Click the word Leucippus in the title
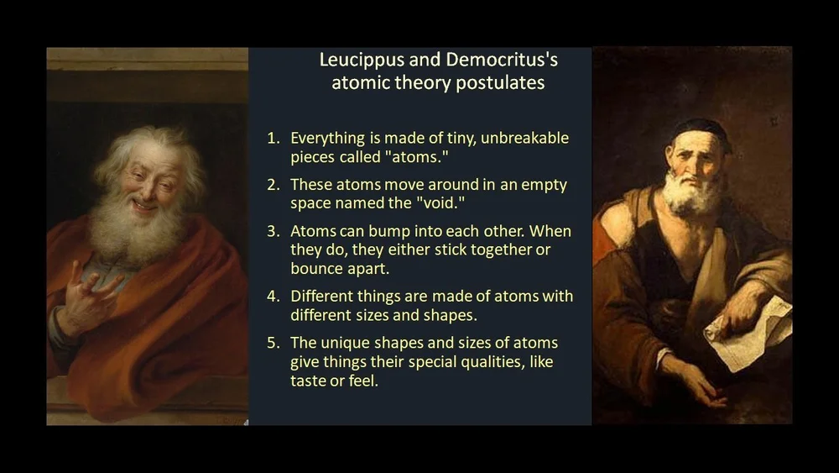pyautogui.click(x=357, y=60)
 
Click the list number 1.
pyautogui.click(x=273, y=138)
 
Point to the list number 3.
pyautogui.click(x=273, y=230)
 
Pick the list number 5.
pyautogui.click(x=273, y=343)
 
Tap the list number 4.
pyautogui.click(x=273, y=296)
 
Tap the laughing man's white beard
pyautogui.click(x=134, y=231)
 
